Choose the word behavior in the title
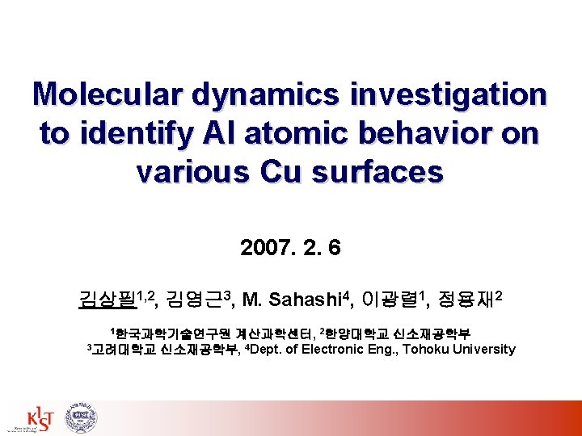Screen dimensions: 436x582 click(420, 133)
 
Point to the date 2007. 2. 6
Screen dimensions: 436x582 click(290, 247)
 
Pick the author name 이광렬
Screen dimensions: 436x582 click(385, 302)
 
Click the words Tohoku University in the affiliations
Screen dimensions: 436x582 click(458, 349)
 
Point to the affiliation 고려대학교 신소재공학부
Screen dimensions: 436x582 click(164, 350)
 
